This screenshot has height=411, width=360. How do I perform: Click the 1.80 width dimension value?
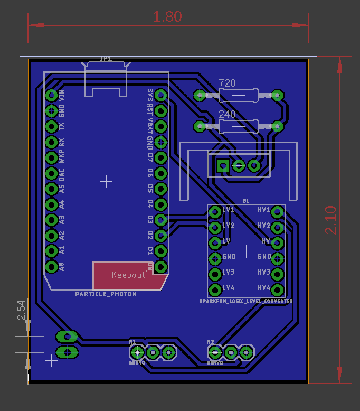pyautogui.click(x=167, y=16)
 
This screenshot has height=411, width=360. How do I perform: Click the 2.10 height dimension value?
pyautogui.click(x=330, y=220)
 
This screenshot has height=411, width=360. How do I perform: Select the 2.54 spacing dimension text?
pyautogui.click(x=22, y=311)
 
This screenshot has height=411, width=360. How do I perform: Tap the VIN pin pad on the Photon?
pyautogui.click(x=51, y=96)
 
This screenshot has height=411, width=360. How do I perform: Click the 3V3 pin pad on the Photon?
pyautogui.click(x=161, y=96)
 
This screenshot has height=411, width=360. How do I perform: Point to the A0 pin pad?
pyautogui.click(x=51, y=266)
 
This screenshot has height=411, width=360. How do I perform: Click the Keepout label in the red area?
pyautogui.click(x=129, y=275)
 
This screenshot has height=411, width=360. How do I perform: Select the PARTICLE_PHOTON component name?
pyautogui.click(x=106, y=294)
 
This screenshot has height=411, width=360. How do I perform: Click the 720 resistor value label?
pyautogui.click(x=227, y=83)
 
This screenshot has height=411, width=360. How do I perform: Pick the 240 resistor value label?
pyautogui.click(x=227, y=114)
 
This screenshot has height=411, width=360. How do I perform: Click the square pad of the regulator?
pyautogui.click(x=223, y=166)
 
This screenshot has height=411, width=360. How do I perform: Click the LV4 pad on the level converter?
pyautogui.click(x=215, y=289)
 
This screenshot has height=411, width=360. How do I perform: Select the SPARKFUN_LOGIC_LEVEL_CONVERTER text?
pyautogui.click(x=245, y=301)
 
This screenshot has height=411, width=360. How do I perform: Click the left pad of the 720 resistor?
pyautogui.click(x=200, y=96)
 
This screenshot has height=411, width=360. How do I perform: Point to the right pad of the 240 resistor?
pyautogui.click(x=276, y=126)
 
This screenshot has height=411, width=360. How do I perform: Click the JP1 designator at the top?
pyautogui.click(x=106, y=60)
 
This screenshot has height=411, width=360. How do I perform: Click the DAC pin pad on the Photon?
pyautogui.click(x=51, y=173)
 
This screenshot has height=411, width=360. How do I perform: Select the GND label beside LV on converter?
pyautogui.click(x=229, y=256)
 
